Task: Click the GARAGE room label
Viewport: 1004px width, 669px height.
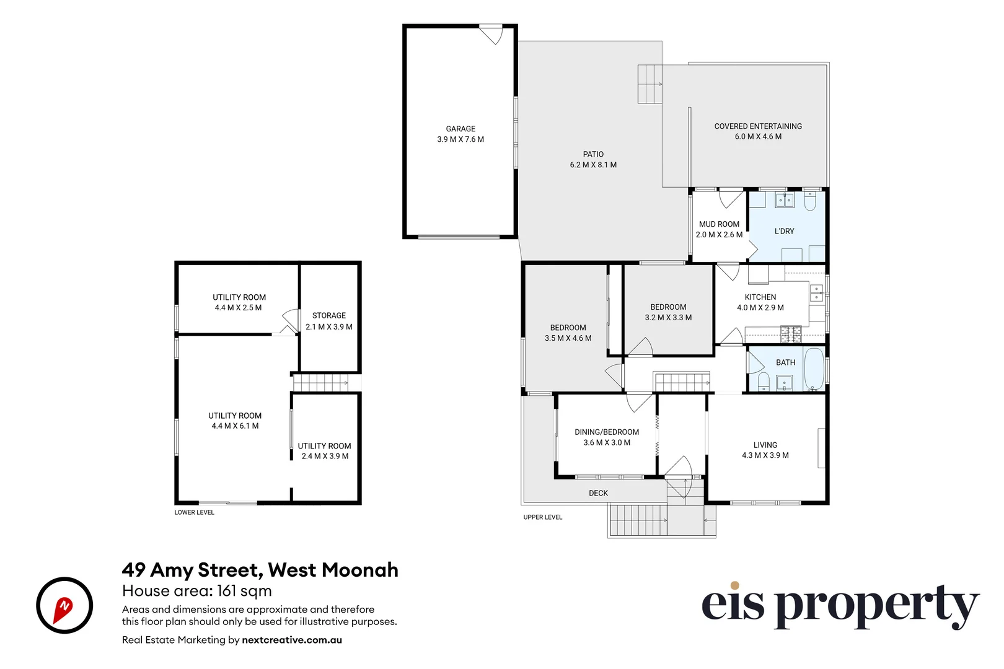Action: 460,129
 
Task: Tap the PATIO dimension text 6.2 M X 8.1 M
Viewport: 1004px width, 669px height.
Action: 593,165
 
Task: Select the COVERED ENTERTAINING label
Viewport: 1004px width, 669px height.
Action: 758,126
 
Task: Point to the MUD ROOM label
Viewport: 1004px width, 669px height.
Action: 719,224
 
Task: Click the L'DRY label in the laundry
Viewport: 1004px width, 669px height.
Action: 784,231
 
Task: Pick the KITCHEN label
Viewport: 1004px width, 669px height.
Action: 760,297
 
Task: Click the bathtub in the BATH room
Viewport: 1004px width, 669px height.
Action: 814,369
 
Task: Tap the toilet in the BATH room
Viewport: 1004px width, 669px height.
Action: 764,382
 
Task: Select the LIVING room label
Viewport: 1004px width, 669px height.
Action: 765,445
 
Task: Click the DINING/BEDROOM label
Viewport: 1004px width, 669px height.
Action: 607,432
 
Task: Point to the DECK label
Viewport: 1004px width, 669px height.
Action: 598,493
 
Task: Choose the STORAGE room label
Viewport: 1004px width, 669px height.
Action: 329,315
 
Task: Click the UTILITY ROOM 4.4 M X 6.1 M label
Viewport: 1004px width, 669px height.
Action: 235,421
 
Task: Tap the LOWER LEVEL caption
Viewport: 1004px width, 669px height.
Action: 194,512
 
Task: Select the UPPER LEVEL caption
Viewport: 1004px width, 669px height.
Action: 542,517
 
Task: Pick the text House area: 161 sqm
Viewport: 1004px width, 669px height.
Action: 196,591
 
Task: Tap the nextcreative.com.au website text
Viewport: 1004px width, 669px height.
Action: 292,640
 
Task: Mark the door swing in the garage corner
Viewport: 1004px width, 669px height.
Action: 491,35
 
